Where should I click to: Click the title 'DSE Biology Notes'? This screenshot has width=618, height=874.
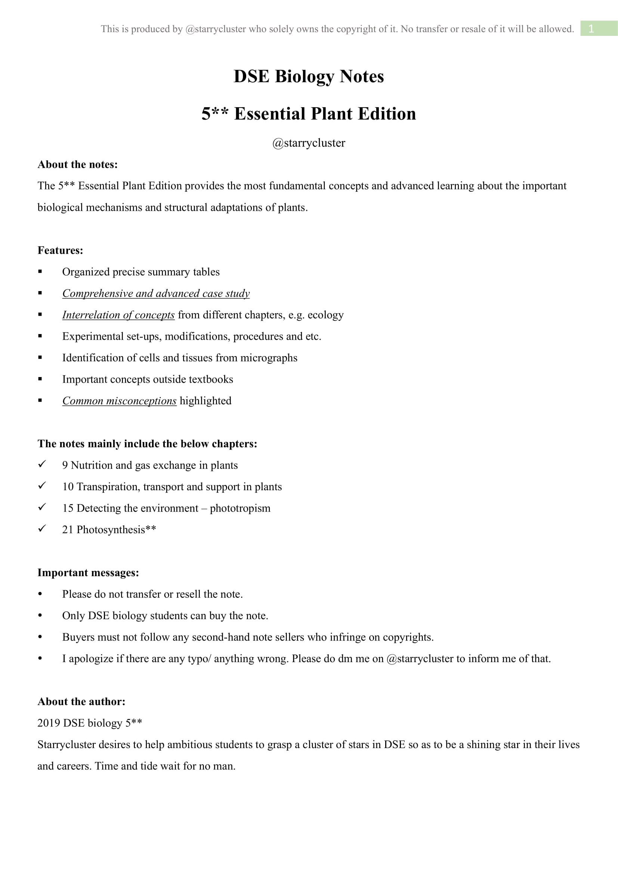pyautogui.click(x=309, y=77)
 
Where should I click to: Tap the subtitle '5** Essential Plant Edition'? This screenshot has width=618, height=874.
pyautogui.click(x=309, y=114)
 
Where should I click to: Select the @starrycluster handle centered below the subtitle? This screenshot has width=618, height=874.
pyautogui.click(x=309, y=143)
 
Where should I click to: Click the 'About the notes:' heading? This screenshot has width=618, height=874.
pyautogui.click(x=78, y=164)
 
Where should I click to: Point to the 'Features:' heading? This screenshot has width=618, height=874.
pyautogui.click(x=60, y=250)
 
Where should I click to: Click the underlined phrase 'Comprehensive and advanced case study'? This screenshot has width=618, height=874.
pyautogui.click(x=156, y=293)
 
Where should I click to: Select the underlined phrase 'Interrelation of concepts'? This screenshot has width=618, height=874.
pyautogui.click(x=118, y=315)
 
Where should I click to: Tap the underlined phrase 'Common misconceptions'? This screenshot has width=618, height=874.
pyautogui.click(x=120, y=401)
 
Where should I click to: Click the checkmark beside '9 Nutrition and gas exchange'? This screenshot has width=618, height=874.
pyautogui.click(x=42, y=464)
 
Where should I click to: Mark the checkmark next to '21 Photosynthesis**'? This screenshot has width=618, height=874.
pyautogui.click(x=42, y=528)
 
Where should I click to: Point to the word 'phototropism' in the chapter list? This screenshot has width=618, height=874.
pyautogui.click(x=240, y=508)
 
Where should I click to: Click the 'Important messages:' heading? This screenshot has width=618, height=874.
pyautogui.click(x=88, y=572)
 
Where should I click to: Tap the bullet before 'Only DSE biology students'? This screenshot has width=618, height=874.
pyautogui.click(x=40, y=616)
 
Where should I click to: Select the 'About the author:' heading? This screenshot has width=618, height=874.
pyautogui.click(x=81, y=702)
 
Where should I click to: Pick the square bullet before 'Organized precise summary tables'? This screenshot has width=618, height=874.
pyautogui.click(x=40, y=272)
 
